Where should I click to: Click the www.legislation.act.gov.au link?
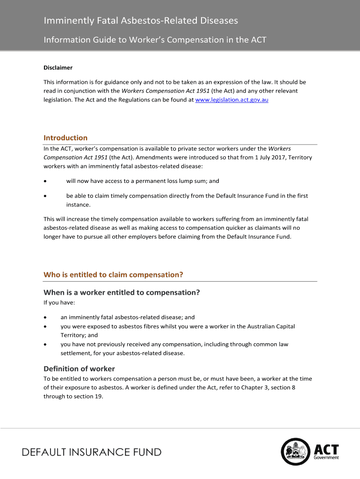coord(231,100)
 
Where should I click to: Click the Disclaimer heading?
coord(58,68)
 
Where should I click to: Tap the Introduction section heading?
coord(65,138)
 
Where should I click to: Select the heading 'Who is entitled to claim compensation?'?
coord(113,275)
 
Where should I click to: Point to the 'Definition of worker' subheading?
coord(79,369)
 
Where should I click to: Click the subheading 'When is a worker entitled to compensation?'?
coord(122,293)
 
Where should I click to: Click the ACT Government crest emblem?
coord(295,452)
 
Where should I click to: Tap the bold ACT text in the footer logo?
coord(326,450)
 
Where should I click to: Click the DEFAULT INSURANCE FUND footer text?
coord(92,452)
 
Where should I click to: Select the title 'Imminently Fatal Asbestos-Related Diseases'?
coord(141,21)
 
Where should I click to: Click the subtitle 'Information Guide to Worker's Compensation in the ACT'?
coord(155,40)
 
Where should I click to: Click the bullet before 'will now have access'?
coord(45,181)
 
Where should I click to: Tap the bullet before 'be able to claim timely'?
coord(45,196)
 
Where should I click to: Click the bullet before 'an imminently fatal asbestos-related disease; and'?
coord(45,317)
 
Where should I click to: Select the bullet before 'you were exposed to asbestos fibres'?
coord(45,327)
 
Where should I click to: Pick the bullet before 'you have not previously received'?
coord(45,345)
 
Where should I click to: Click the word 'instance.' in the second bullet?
coord(78,205)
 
